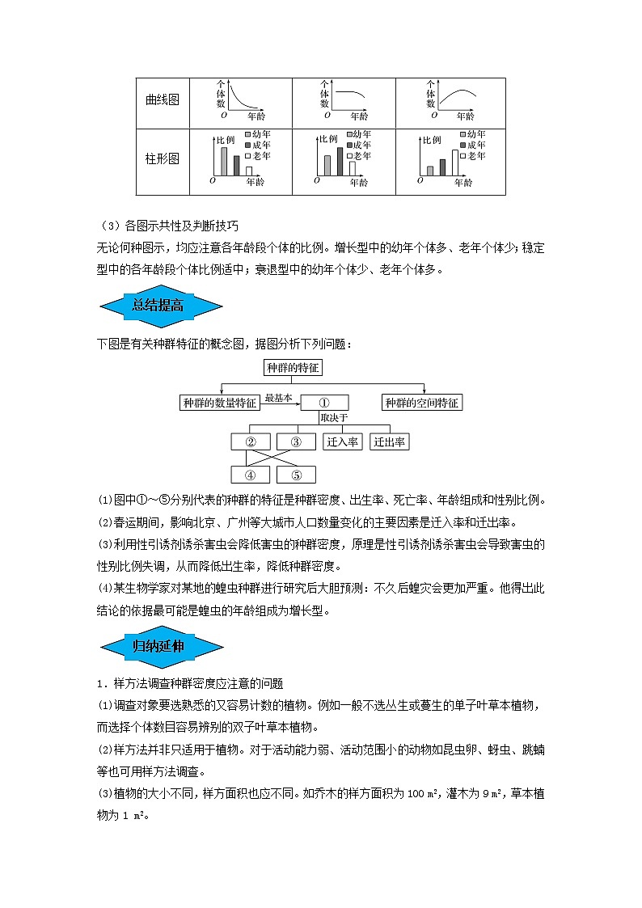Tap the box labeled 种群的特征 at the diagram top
294,368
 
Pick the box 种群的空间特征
421,403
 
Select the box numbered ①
324,403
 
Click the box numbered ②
251,442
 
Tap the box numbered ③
296,442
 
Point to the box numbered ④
251,475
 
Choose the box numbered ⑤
296,475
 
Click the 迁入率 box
343,442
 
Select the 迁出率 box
390,442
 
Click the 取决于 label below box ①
333,418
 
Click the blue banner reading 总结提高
159,305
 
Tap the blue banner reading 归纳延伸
159,645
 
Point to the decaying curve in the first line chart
238,100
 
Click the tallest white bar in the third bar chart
454,162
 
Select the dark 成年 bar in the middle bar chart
340,162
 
